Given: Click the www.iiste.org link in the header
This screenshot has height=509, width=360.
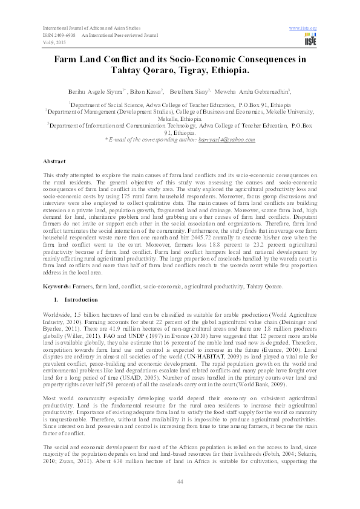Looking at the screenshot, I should pyautogui.click(x=304, y=28).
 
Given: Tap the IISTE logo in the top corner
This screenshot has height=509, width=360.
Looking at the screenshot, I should pyautogui.click(x=311, y=40).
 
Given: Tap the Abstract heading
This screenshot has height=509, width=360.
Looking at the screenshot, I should pyautogui.click(x=54, y=162).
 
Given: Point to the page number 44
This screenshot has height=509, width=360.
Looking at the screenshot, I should pyautogui.click(x=180, y=481).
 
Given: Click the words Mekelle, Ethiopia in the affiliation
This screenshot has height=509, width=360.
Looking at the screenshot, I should pyautogui.click(x=180, y=119).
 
